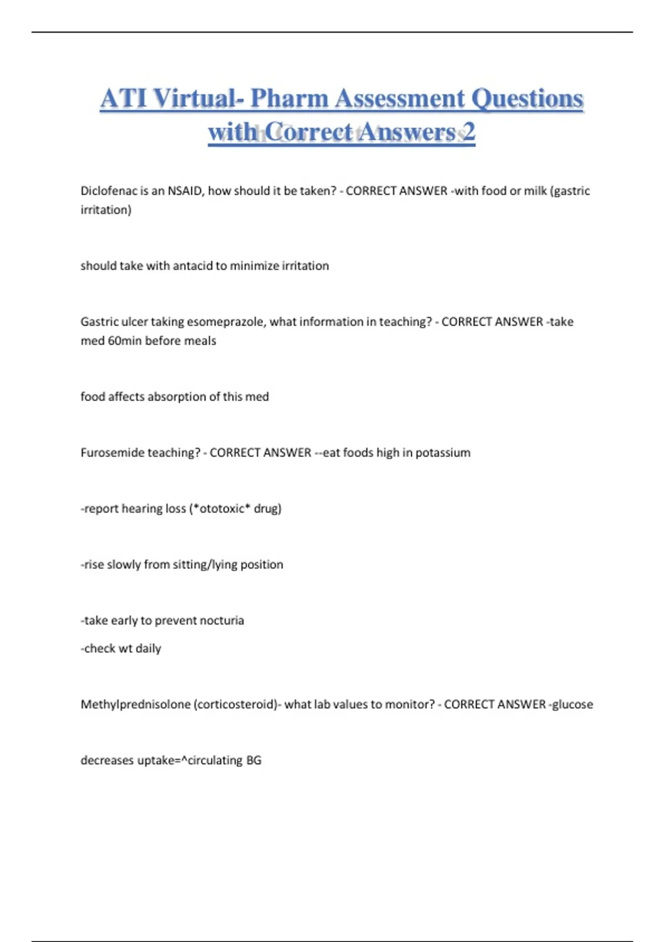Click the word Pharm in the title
click(289, 99)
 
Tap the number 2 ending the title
click(469, 132)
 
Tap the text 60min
click(125, 341)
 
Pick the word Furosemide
click(109, 453)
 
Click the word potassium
click(443, 453)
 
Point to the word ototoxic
click(221, 509)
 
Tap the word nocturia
click(222, 621)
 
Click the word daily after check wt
click(148, 648)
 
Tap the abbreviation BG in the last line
click(253, 760)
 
